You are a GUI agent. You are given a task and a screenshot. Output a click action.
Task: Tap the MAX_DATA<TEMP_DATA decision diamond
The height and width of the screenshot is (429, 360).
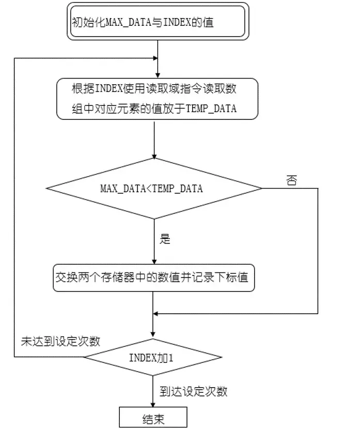(154, 189)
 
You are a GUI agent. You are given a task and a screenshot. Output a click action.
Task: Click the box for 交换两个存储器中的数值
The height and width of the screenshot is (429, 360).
(154, 278)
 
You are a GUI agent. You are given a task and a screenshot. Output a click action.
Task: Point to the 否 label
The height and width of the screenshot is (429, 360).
(291, 181)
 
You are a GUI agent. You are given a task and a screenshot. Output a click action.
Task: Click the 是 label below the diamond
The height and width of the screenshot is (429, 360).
(165, 239)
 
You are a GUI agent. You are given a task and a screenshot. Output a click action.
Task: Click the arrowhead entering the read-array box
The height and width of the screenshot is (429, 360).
(154, 75)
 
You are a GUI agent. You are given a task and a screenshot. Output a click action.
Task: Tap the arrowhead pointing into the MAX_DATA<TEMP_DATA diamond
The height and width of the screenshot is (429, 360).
(154, 156)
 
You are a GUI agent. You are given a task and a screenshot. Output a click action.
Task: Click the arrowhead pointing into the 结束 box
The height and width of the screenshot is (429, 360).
(153, 405)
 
